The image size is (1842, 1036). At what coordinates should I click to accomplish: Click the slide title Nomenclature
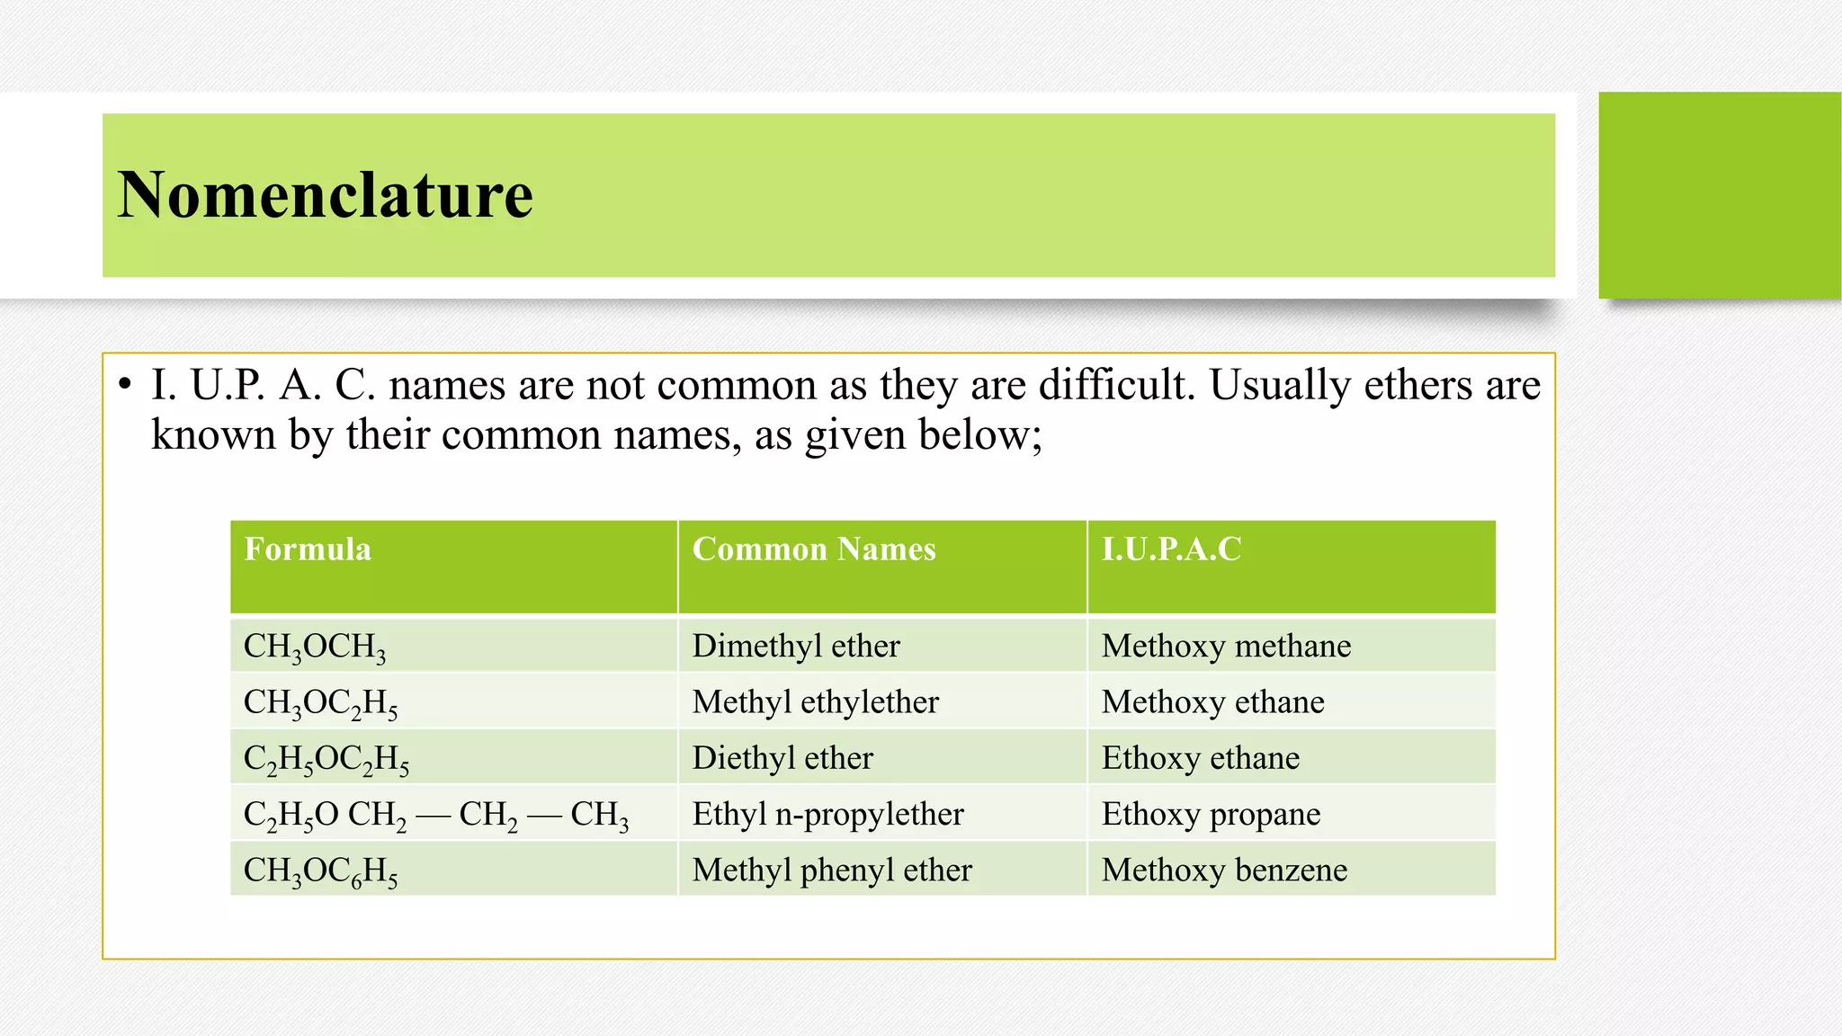point(325,195)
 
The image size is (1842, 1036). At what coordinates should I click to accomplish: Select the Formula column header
point(308,549)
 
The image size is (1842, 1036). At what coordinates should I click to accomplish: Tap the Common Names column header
point(814,549)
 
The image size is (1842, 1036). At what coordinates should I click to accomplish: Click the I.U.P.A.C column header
point(1171,549)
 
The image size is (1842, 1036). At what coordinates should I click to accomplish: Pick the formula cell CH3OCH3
point(315,647)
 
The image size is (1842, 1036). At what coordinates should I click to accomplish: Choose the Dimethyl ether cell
point(796,646)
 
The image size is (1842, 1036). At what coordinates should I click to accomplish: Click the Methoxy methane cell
point(1226,646)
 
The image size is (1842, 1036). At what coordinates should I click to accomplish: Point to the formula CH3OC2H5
point(320,702)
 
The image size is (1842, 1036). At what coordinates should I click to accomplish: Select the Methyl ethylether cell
point(815,701)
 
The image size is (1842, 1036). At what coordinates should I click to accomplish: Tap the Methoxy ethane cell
point(1212,701)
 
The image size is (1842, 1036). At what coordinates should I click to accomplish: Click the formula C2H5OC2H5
point(326,759)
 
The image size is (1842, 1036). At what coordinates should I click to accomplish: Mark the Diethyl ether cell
point(782,758)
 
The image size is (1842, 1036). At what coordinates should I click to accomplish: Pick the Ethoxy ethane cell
point(1201,758)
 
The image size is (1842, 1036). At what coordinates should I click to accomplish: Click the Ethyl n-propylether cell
point(827,814)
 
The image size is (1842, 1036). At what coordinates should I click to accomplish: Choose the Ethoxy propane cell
point(1211,814)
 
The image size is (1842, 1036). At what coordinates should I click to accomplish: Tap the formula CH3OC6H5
point(320,871)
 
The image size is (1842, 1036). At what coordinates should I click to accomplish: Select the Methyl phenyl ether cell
point(832,870)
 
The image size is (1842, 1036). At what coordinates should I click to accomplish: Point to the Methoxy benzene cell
point(1224,870)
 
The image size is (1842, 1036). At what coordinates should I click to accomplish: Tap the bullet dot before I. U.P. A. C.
point(124,386)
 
